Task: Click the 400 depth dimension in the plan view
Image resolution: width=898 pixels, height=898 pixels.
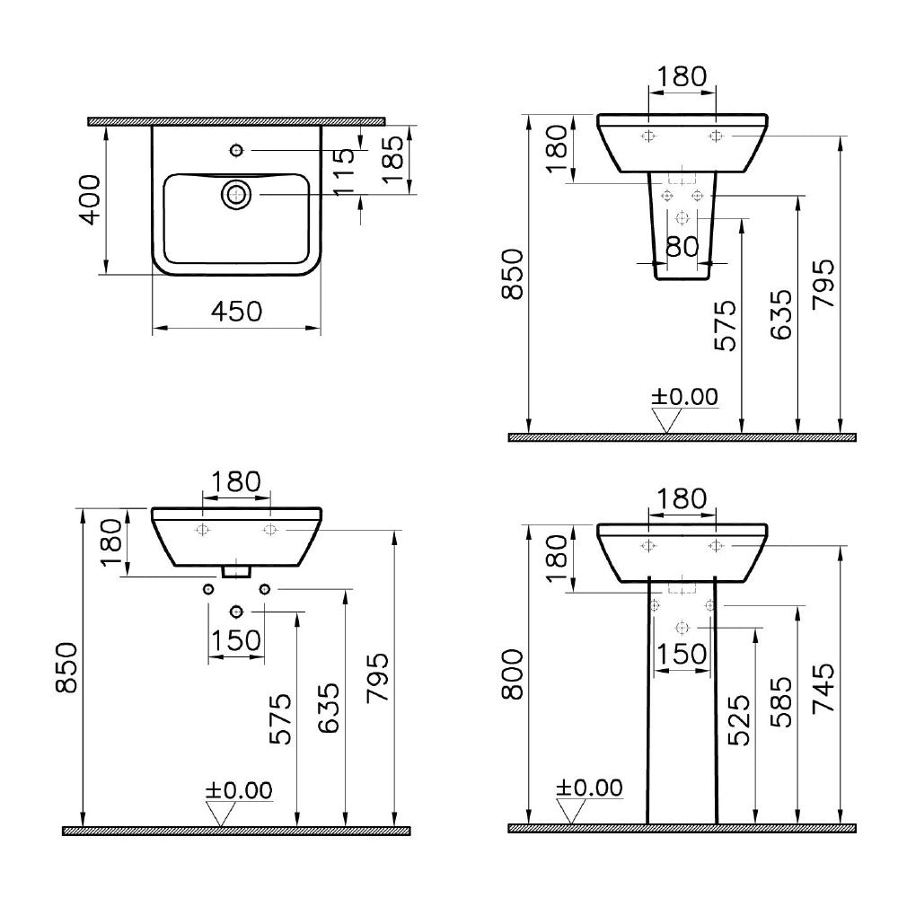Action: click(x=90, y=199)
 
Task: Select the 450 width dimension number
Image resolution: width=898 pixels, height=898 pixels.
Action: click(x=236, y=312)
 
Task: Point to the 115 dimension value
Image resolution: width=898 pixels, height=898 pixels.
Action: click(x=346, y=172)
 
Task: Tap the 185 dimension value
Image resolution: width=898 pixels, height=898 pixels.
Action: click(x=393, y=159)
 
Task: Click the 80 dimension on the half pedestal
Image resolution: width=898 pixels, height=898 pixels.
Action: click(x=682, y=247)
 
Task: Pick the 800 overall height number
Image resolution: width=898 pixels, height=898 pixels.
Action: click(x=513, y=674)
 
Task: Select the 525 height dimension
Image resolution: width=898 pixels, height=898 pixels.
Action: click(x=739, y=720)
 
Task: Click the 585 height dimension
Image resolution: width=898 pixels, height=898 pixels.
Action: click(x=781, y=702)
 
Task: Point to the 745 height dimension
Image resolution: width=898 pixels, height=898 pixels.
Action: click(x=823, y=688)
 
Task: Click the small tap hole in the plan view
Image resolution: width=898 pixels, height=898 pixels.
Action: click(x=236, y=150)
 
